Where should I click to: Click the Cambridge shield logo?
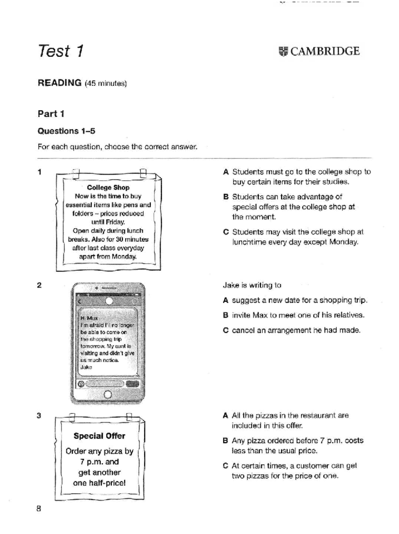click(283, 52)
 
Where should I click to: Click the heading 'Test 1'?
click(61, 51)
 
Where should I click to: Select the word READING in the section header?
click(60, 83)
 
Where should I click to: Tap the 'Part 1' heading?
click(51, 114)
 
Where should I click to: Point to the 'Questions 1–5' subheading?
click(66, 131)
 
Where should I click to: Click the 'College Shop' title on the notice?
click(108, 187)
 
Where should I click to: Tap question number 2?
click(39, 285)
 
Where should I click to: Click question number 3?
click(39, 416)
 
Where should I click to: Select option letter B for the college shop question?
click(226, 197)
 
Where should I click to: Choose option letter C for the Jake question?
click(226, 330)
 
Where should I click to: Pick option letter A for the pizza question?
click(226, 416)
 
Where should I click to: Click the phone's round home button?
click(108, 395)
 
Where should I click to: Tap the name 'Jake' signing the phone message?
click(86, 367)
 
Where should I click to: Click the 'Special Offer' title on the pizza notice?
click(99, 436)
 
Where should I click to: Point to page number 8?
click(39, 508)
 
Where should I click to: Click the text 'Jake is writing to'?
click(252, 285)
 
